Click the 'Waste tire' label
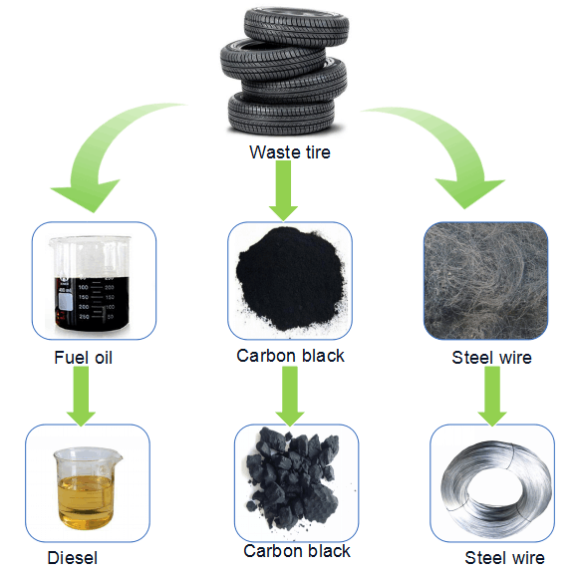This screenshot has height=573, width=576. click(x=289, y=152)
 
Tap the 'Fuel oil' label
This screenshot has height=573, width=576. click(x=83, y=358)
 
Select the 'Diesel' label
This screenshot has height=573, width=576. click(x=73, y=558)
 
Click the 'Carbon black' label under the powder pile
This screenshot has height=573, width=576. click(x=290, y=356)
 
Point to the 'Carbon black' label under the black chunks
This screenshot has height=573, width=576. click(x=297, y=551)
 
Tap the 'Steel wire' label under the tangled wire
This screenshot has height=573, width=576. click(x=491, y=358)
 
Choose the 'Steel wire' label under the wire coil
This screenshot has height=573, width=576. click(x=504, y=558)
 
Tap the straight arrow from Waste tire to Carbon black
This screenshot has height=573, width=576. click(x=283, y=190)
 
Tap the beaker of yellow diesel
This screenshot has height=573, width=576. click(x=87, y=488)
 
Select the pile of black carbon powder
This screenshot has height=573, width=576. click(x=291, y=279)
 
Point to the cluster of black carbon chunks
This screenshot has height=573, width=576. click(x=293, y=477)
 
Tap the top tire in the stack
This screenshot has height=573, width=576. click(x=296, y=26)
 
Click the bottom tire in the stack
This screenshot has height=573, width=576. click(x=281, y=114)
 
